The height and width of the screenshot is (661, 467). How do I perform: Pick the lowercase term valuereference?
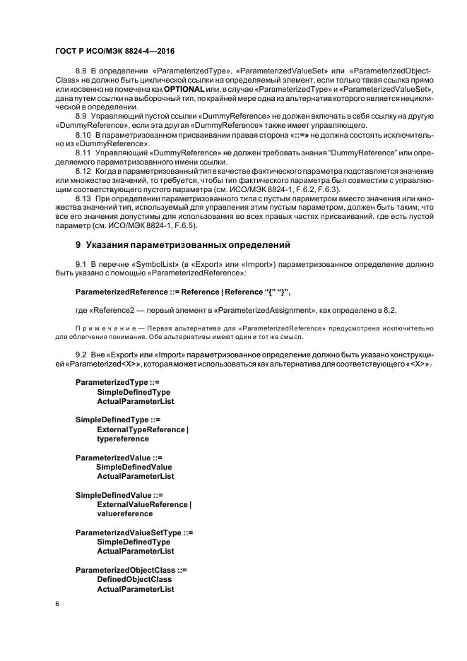pos(125,514)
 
